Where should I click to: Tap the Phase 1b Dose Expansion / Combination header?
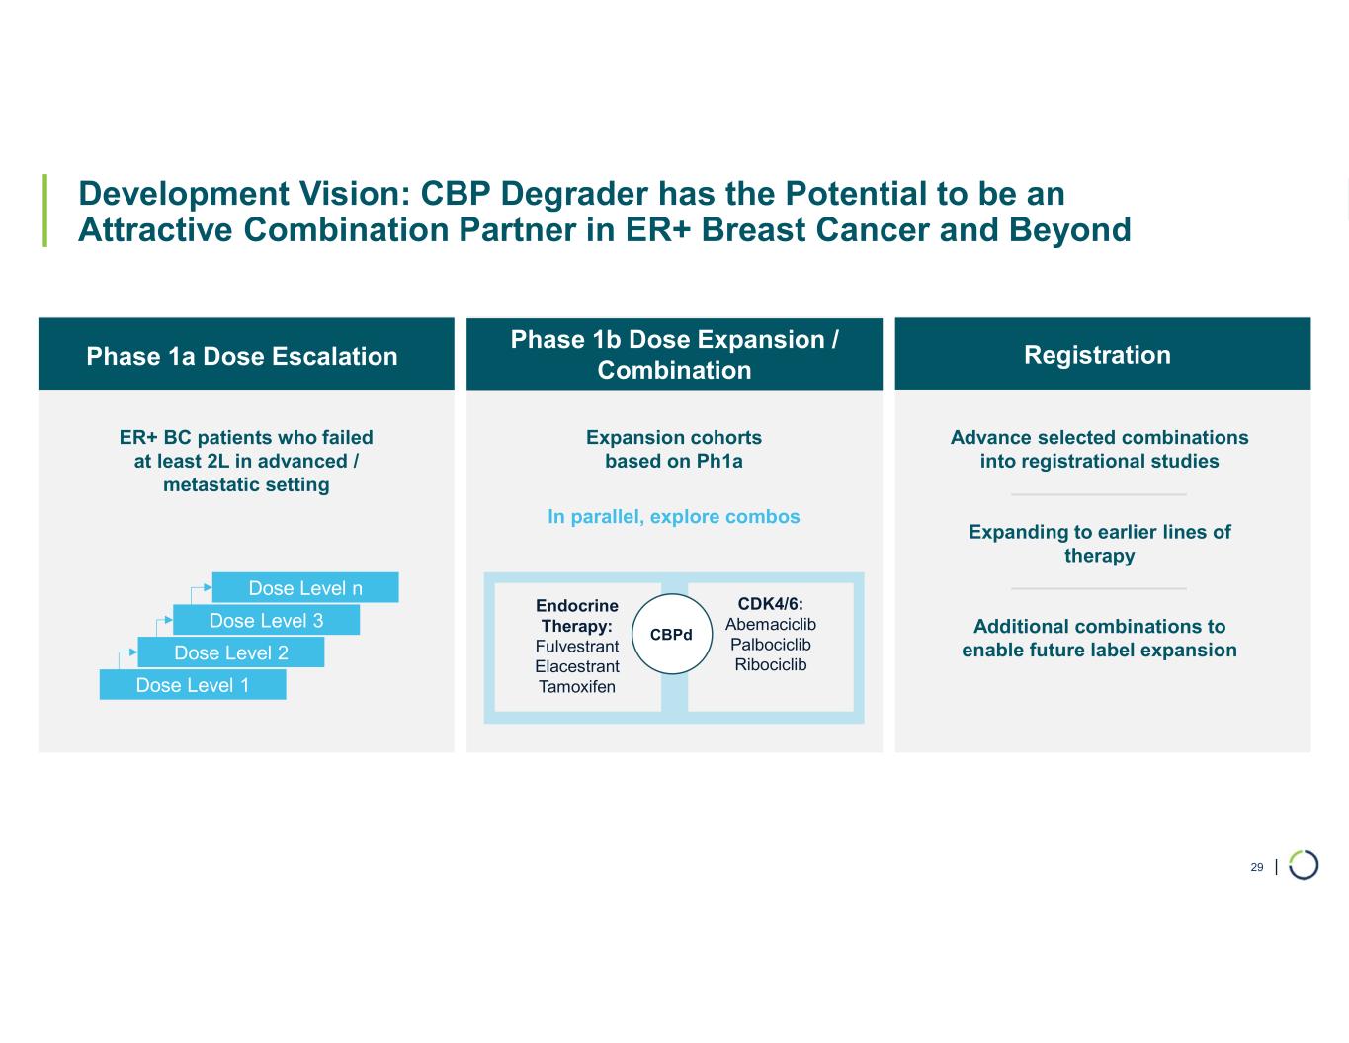pyautogui.click(x=674, y=354)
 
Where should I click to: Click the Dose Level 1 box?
pyautogui.click(x=193, y=685)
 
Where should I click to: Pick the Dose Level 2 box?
pyautogui.click(x=231, y=652)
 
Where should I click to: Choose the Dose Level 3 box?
pyautogui.click(x=266, y=620)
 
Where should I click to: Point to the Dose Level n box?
pyautogui.click(x=305, y=588)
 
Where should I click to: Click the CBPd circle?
pyautogui.click(x=671, y=634)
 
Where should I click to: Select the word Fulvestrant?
pyautogui.click(x=577, y=647)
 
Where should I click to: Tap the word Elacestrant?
pyautogui.click(x=577, y=667)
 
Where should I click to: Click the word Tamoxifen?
pyautogui.click(x=577, y=687)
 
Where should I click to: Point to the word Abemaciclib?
pyautogui.click(x=771, y=624)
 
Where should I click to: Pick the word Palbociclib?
pyautogui.click(x=771, y=645)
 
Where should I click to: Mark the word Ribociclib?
pyautogui.click(x=771, y=665)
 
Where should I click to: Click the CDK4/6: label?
pyautogui.click(x=771, y=603)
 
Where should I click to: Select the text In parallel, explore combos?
pyautogui.click(x=674, y=517)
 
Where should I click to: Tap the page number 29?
pyautogui.click(x=1257, y=867)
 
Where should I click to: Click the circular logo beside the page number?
pyautogui.click(x=1304, y=865)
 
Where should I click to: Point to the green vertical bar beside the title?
pyautogui.click(x=44, y=211)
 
